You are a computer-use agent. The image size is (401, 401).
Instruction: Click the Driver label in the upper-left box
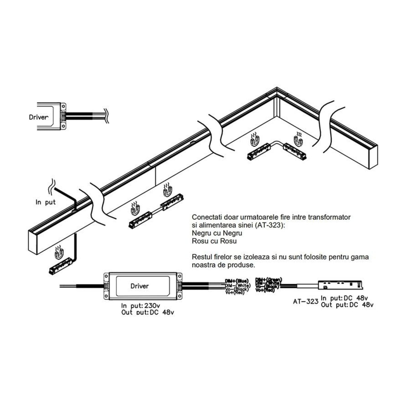click(x=39, y=117)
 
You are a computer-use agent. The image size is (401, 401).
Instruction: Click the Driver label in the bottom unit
click(x=139, y=286)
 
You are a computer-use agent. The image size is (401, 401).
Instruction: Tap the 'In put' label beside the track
click(x=46, y=202)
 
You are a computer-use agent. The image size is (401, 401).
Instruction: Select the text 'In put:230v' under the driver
click(x=137, y=306)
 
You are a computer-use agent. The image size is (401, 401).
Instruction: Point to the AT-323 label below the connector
click(x=306, y=301)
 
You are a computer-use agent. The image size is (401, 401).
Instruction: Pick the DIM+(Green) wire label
click(x=268, y=279)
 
